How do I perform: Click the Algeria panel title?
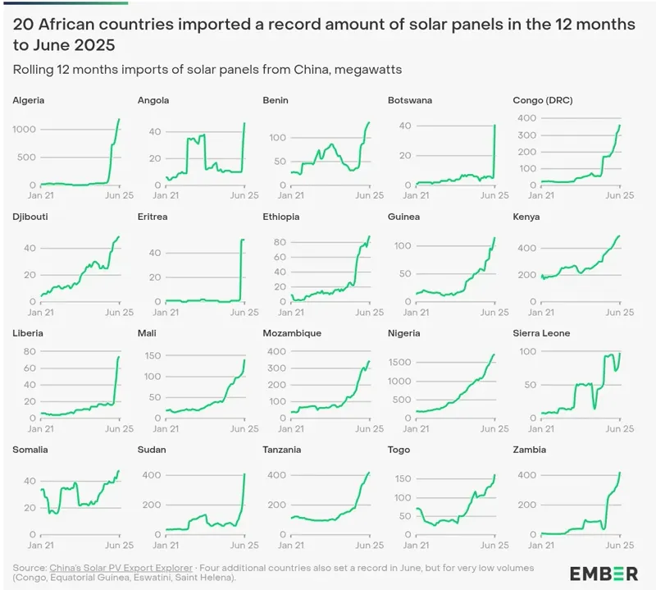click(x=29, y=101)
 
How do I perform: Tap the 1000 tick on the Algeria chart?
click(x=25, y=130)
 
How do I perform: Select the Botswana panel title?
click(x=409, y=101)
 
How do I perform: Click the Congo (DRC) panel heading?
click(x=543, y=101)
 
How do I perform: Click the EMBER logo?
click(x=604, y=573)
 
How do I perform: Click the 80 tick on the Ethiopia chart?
click(x=280, y=241)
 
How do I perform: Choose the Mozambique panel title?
click(x=292, y=333)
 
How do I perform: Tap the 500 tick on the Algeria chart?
click(x=28, y=158)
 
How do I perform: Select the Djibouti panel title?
click(x=30, y=217)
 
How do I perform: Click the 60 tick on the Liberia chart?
click(x=30, y=368)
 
